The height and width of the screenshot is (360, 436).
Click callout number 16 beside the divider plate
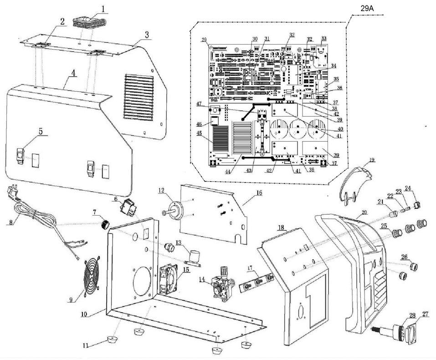(x=258, y=193)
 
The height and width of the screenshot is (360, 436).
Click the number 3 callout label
(x=147, y=35)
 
